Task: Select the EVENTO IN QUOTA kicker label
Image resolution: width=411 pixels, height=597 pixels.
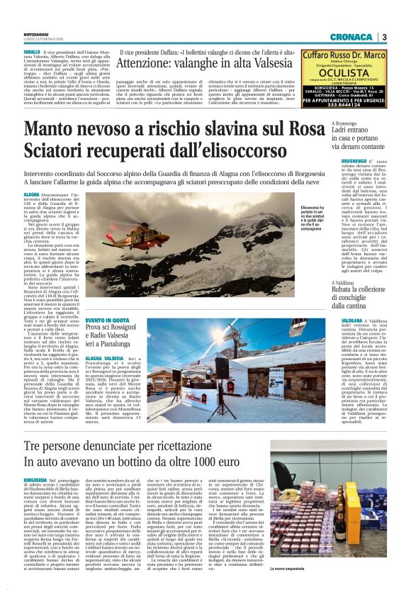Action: coord(108,320)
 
